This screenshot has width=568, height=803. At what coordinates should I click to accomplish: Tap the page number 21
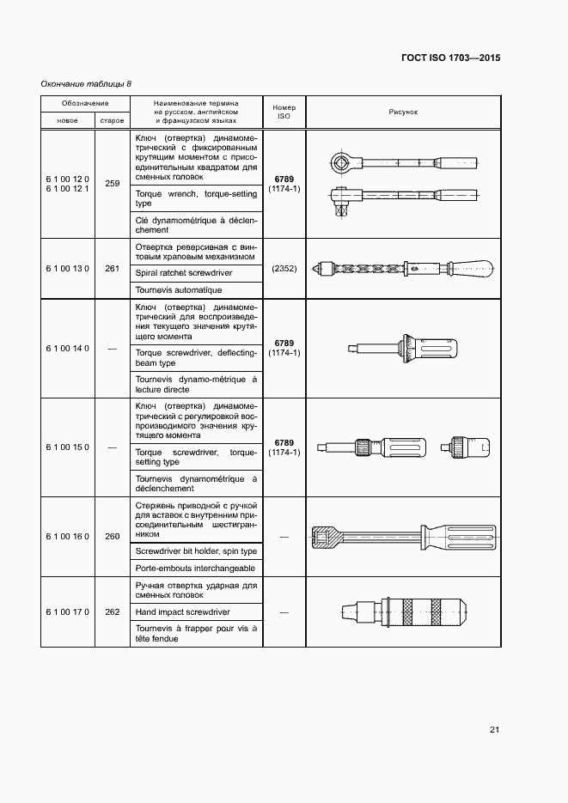(x=494, y=730)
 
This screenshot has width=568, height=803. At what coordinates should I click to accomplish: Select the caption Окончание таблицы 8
(x=86, y=83)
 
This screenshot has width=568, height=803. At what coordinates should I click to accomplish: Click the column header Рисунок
(x=403, y=112)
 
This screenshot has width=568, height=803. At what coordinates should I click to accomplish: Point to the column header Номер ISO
(x=284, y=113)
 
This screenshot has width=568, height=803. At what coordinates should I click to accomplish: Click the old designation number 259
(x=112, y=182)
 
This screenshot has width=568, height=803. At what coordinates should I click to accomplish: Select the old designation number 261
(x=112, y=268)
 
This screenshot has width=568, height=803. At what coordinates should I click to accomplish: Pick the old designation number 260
(x=112, y=537)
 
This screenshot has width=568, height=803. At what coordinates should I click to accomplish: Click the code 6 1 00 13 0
(x=67, y=268)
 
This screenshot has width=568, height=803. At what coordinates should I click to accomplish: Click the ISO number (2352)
(x=284, y=268)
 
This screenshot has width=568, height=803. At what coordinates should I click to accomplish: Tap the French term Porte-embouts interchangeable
(x=196, y=569)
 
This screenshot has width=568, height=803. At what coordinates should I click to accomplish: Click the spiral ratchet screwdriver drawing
(x=401, y=268)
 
